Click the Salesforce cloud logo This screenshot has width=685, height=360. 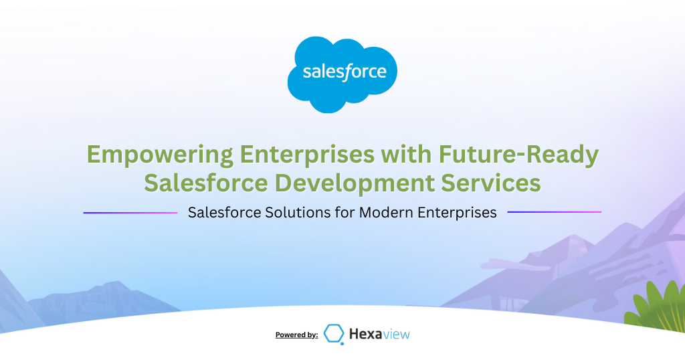[x=342, y=74]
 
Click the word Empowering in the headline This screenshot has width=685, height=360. [x=161, y=155]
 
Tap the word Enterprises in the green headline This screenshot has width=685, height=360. [x=307, y=155]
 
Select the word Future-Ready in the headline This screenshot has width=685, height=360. [x=518, y=155]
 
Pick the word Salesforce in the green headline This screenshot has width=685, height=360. [x=206, y=183]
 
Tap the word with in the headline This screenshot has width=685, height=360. [x=406, y=154]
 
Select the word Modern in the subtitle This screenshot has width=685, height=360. [x=386, y=212]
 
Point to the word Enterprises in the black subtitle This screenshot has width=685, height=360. [x=457, y=213]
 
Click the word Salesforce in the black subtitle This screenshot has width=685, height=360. [x=224, y=212]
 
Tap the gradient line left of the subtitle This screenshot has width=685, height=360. [x=130, y=213]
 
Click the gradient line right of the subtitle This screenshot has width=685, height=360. [x=555, y=212]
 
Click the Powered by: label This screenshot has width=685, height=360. [x=296, y=335]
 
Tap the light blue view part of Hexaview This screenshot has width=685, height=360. [x=396, y=335]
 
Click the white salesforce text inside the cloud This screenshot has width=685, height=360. [x=345, y=72]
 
